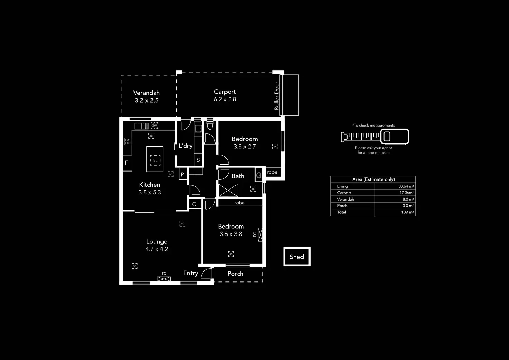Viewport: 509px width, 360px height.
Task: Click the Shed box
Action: click(x=297, y=257)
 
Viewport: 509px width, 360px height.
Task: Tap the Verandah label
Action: click(x=146, y=93)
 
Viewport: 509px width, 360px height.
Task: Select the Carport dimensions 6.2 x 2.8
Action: click(x=225, y=99)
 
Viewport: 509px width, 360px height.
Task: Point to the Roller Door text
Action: click(x=276, y=96)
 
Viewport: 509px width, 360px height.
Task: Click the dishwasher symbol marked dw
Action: click(x=154, y=126)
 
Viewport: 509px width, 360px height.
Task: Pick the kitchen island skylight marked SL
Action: click(x=155, y=160)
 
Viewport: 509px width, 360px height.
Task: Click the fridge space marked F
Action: click(x=127, y=163)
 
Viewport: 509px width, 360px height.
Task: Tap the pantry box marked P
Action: click(x=182, y=175)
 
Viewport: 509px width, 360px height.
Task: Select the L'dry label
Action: click(x=185, y=146)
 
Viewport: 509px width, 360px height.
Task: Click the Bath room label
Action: click(x=238, y=176)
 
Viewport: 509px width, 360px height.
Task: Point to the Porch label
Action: click(x=235, y=274)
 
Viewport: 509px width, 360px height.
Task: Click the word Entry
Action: click(x=191, y=273)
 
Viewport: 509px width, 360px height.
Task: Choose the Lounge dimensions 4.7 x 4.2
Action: click(x=157, y=249)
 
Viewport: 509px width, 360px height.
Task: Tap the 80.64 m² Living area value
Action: click(x=406, y=186)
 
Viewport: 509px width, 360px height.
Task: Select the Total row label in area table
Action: click(x=342, y=212)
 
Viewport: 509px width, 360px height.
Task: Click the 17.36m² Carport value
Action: click(x=406, y=193)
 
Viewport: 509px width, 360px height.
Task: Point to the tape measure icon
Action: click(x=375, y=137)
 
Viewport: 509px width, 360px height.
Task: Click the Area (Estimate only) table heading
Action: click(x=373, y=179)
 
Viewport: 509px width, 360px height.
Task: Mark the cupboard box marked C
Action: click(x=194, y=204)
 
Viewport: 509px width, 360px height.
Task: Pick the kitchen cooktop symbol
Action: click(x=128, y=141)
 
